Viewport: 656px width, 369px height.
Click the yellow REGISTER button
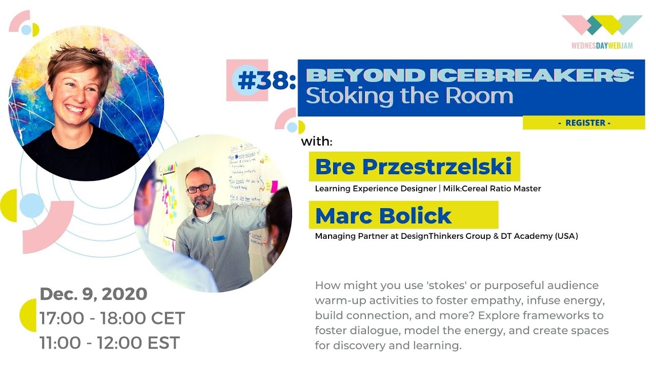(584, 123)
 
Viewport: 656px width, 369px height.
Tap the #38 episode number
(266, 81)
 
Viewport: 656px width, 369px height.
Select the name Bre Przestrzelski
(413, 167)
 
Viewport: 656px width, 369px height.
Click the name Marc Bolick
(383, 215)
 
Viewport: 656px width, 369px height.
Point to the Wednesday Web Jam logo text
(602, 46)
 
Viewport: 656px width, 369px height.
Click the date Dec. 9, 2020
(93, 294)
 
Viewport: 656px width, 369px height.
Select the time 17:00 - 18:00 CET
(112, 318)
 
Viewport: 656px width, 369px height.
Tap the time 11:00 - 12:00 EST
(110, 342)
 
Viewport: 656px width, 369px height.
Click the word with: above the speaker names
(317, 141)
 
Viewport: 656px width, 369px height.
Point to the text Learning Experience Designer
(375, 189)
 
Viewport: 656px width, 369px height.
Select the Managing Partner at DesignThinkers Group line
(446, 236)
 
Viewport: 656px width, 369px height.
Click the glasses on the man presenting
(199, 189)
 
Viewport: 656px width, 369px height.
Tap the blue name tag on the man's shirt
(220, 238)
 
